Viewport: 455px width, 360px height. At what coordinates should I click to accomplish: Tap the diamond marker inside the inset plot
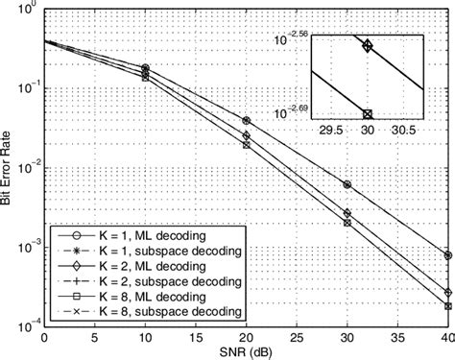point(367,44)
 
